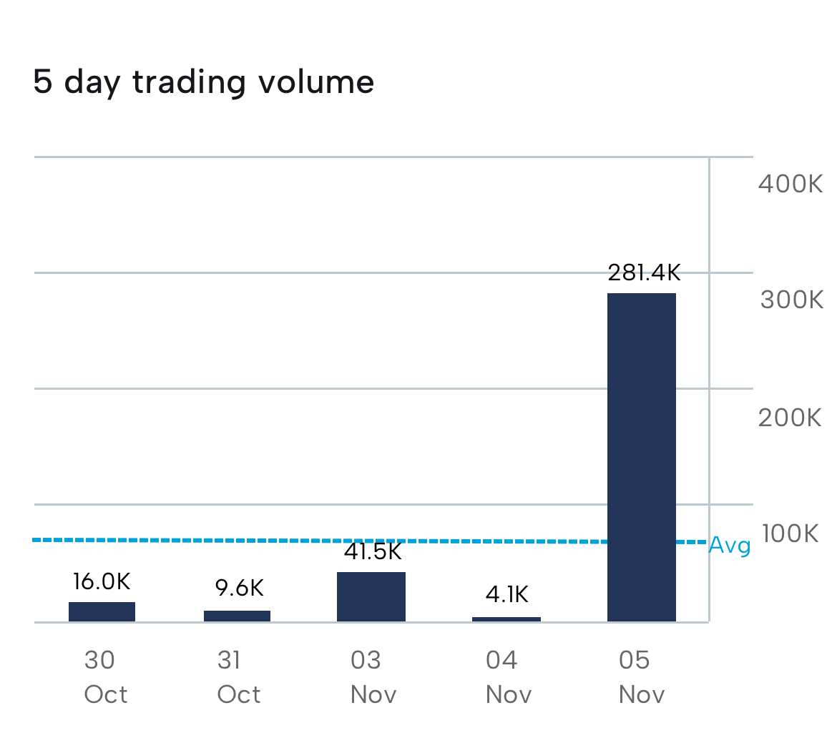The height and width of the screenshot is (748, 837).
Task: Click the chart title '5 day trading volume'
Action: [204, 82]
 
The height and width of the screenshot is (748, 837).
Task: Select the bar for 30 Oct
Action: [102, 611]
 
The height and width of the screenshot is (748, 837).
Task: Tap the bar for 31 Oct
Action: [237, 616]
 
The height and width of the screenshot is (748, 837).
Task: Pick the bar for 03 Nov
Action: [371, 596]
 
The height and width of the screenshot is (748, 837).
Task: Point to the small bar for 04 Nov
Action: [506, 619]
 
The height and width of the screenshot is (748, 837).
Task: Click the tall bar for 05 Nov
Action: [642, 457]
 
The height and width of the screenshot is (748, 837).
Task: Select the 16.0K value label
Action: [102, 581]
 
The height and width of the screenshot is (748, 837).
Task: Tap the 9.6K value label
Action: [240, 588]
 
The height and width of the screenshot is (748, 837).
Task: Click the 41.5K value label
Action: [373, 551]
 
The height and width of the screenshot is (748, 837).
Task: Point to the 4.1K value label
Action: [507, 594]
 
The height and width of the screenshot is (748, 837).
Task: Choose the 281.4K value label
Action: [644, 272]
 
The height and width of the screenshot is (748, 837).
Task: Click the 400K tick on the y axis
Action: [790, 184]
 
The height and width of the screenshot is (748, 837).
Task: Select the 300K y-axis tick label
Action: [791, 300]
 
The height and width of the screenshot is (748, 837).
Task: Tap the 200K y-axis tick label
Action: [790, 417]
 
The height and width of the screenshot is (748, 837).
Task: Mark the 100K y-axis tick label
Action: [790, 533]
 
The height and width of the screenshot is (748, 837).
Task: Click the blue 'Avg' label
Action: [730, 546]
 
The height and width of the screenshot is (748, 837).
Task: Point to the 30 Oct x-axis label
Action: [105, 676]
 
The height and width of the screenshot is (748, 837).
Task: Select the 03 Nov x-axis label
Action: [373, 676]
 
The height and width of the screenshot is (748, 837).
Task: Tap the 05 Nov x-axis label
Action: [642, 676]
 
